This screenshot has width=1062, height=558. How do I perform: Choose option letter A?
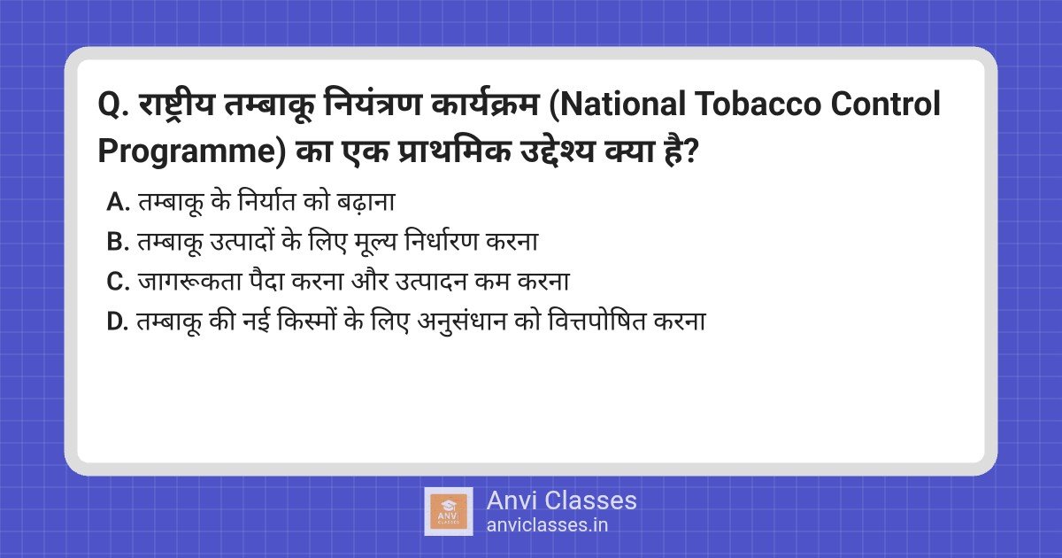tap(118, 203)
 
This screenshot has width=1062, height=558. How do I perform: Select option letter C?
tap(118, 283)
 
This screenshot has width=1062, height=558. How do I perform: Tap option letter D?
tap(118, 322)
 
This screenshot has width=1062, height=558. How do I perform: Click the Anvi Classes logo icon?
tap(449, 511)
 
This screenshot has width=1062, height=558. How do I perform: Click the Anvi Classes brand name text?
tap(561, 500)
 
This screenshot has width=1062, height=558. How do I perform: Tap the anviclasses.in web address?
tap(547, 525)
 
